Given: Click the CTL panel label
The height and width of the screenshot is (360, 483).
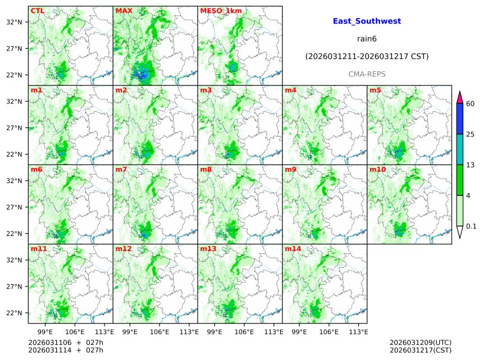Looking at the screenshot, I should pos(38,11).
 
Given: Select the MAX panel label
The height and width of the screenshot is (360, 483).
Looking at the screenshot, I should pos(124,11).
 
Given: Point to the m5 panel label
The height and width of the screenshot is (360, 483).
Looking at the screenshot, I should pos(375,90).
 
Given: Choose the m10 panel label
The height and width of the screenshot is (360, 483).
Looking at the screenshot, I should pos(377,169).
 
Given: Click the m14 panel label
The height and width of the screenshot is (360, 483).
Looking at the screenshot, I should pos(293,248).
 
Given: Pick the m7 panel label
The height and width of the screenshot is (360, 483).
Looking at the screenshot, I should pos(121,169).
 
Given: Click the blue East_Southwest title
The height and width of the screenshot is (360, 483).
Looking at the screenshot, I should pos(367,21).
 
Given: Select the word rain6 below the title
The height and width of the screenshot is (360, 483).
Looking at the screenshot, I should pos(367,39).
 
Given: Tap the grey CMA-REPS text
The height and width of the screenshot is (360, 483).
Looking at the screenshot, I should pos(367,74).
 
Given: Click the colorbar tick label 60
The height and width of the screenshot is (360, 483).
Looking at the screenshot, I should pos(471,104).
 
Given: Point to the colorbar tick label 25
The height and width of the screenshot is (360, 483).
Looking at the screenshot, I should pos(471,134).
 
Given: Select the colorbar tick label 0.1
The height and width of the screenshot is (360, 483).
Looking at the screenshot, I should pos(471,226).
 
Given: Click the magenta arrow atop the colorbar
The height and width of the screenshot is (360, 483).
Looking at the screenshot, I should pos(459,97).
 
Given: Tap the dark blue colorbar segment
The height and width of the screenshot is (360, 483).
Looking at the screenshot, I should pos(459,119).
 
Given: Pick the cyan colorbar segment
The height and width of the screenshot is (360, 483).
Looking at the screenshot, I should pos(459,149).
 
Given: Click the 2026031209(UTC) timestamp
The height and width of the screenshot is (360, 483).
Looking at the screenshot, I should pos(420,343).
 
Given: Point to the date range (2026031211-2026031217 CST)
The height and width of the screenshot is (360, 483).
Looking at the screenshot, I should pos(367,57).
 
